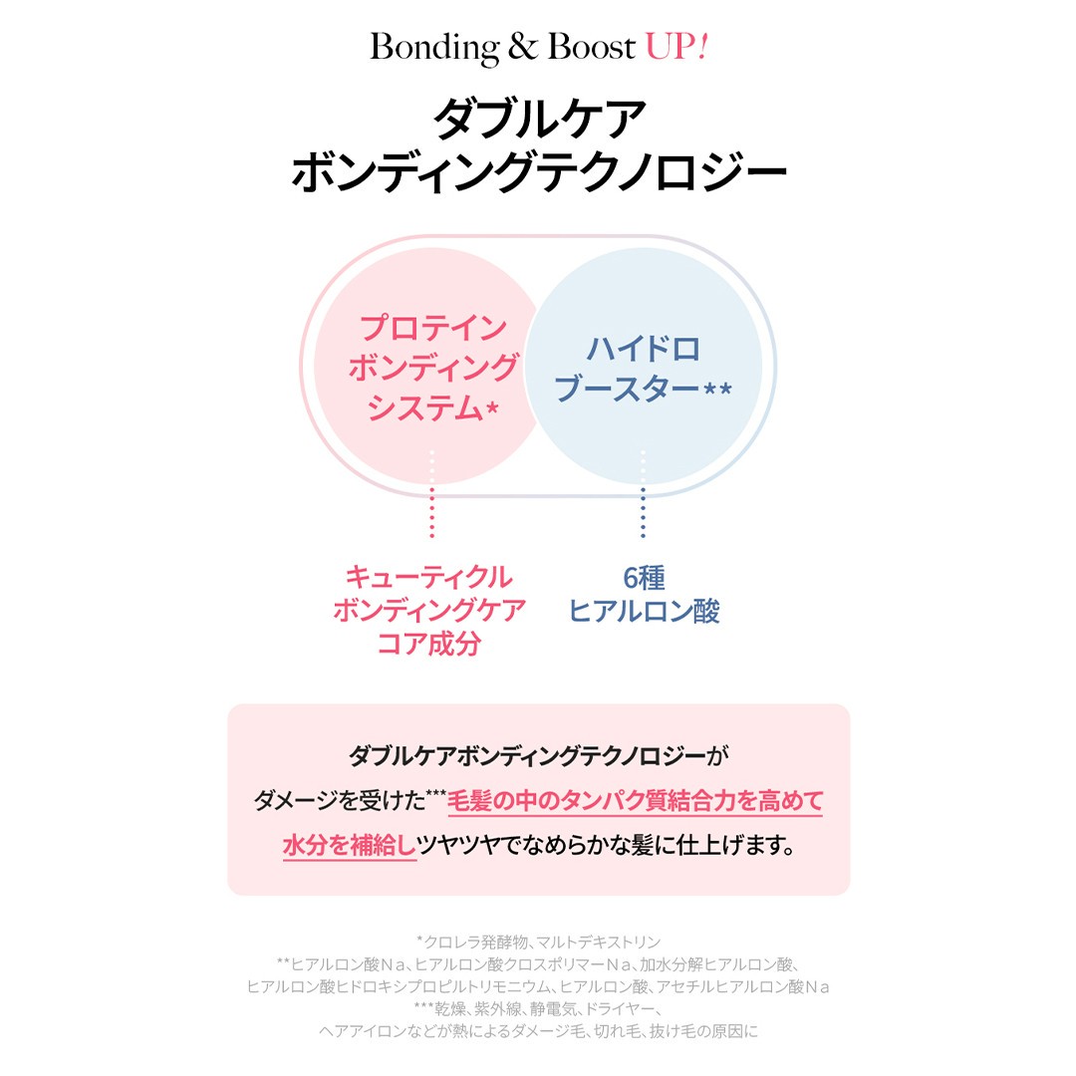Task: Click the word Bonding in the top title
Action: (434, 48)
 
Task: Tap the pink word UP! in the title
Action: (675, 47)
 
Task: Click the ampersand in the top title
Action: (523, 47)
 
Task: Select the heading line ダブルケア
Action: (539, 119)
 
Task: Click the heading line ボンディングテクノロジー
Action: (539, 171)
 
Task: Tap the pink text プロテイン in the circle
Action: (433, 328)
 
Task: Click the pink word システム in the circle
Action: (424, 408)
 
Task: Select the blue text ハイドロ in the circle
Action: (643, 350)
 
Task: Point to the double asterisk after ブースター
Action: (718, 389)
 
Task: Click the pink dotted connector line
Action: (431, 493)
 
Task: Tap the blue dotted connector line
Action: (643, 493)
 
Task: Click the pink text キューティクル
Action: (428, 577)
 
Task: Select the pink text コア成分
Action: (428, 644)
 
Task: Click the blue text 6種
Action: (644, 578)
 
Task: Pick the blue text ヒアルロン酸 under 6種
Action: (644, 611)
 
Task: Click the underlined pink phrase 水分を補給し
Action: (350, 846)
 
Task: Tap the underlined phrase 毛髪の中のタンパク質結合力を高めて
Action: (635, 801)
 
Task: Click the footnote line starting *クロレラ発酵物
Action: (539, 942)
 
